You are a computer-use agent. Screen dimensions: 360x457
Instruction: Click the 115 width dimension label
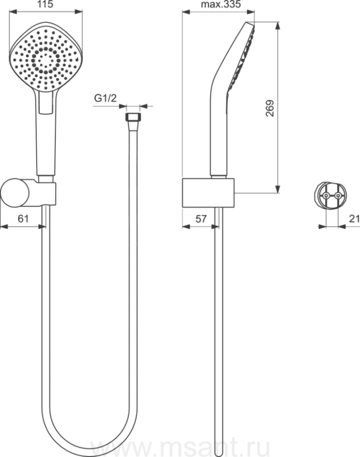46,4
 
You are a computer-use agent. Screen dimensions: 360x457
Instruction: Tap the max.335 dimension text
221,4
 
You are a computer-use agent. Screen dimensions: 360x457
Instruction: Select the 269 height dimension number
270,109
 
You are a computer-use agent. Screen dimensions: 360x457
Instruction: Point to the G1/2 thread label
105,98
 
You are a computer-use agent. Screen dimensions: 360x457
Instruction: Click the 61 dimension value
23,218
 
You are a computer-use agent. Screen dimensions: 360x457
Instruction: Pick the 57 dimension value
201,218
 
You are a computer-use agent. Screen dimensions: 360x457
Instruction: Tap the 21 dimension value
354,218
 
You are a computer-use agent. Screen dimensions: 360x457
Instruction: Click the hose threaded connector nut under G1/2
133,117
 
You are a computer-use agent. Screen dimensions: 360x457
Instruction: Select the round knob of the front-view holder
15,192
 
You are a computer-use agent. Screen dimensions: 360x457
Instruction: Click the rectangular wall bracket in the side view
208,192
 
